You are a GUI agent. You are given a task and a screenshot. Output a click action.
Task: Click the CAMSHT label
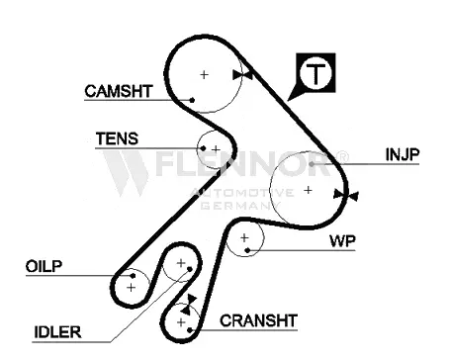(x=119, y=91)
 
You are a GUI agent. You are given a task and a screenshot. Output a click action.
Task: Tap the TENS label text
(x=117, y=138)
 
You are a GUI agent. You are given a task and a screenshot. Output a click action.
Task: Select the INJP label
(x=403, y=154)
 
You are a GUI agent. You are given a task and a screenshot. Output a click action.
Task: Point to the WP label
(x=342, y=241)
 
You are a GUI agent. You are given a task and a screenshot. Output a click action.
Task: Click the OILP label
(x=44, y=266)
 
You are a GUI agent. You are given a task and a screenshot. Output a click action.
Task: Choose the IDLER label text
(x=57, y=332)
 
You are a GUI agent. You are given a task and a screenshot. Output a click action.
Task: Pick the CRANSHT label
(x=258, y=320)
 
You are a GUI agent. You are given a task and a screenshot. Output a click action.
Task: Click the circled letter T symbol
(x=316, y=73)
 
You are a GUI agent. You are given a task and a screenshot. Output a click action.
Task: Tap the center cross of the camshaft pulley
(x=205, y=75)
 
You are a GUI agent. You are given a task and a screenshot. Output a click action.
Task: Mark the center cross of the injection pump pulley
(x=308, y=190)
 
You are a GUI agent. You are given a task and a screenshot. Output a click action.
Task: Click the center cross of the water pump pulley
(x=244, y=237)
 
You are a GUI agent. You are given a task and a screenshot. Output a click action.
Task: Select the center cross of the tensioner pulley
(x=216, y=149)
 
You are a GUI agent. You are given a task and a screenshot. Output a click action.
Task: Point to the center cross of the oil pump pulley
(x=132, y=288)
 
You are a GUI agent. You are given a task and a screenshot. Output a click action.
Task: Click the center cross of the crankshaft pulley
(x=181, y=322)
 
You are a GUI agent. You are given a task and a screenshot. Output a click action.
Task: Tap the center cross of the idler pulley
(x=181, y=263)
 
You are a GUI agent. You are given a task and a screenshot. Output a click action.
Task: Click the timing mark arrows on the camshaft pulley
(x=242, y=75)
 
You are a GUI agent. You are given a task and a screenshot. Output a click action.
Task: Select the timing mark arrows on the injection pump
(x=346, y=195)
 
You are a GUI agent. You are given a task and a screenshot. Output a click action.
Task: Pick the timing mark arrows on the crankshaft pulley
(x=189, y=305)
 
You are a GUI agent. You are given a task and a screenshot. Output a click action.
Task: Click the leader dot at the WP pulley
(x=247, y=250)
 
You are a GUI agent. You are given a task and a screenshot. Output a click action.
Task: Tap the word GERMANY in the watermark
(x=240, y=206)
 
